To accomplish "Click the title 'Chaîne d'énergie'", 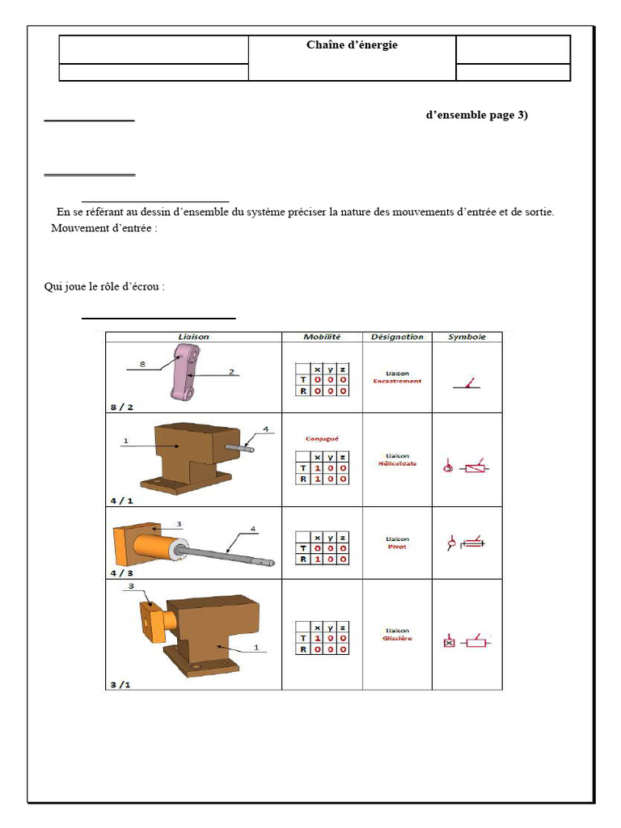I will point(352,45).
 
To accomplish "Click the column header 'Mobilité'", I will point(322,336).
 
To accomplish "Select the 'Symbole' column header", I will point(467,336).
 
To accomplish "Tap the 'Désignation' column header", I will point(397,336).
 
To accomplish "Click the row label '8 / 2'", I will point(122,406).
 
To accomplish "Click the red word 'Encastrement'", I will point(397,381).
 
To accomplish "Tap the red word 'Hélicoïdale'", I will point(397,463).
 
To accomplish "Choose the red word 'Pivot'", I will point(397,547).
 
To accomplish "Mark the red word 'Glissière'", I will point(397,638).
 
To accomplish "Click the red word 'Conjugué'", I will point(322,439).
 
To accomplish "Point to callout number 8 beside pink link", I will point(142,364).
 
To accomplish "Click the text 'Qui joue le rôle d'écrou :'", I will point(104,286).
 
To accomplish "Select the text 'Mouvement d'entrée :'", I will point(104,228).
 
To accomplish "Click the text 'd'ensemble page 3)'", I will point(476,115).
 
